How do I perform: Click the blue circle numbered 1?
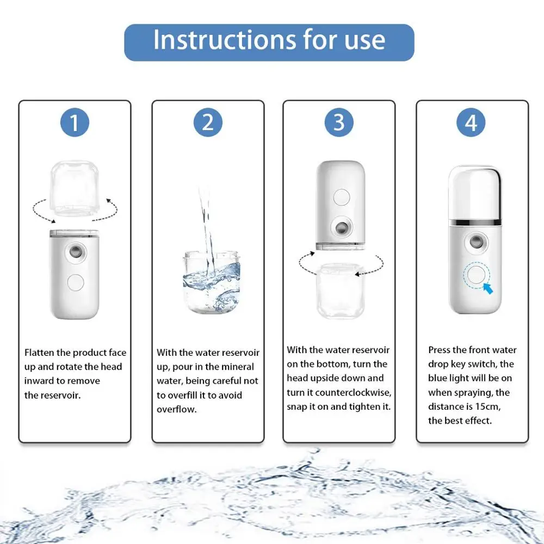coord(75,122)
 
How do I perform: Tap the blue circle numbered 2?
coord(208,122)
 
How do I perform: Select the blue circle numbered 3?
coord(339,122)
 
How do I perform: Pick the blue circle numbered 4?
coord(471,122)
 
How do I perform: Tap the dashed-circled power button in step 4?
coord(477,275)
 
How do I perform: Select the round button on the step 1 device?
coord(75,282)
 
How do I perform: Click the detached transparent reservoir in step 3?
coord(340,290)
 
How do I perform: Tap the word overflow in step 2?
coord(177,410)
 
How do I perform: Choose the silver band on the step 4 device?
coord(475,222)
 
